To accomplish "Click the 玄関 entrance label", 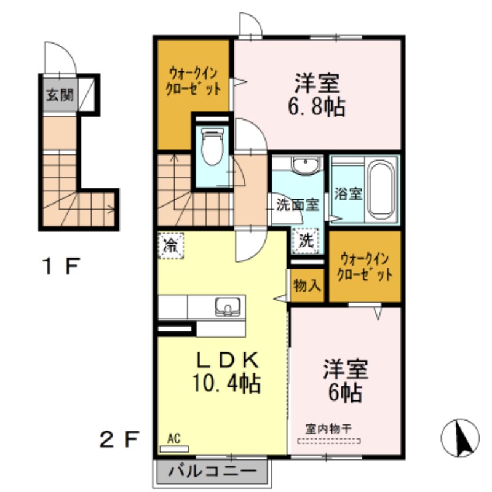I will [x=59, y=95].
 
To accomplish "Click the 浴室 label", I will [x=347, y=193].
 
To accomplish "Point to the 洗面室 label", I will [x=296, y=205].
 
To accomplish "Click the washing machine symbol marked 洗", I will [x=306, y=242].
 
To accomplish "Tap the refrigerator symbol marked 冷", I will [x=170, y=246].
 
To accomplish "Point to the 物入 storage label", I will [x=306, y=285].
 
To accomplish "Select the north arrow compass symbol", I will [x=460, y=437].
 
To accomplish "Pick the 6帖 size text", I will [x=344, y=392].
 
